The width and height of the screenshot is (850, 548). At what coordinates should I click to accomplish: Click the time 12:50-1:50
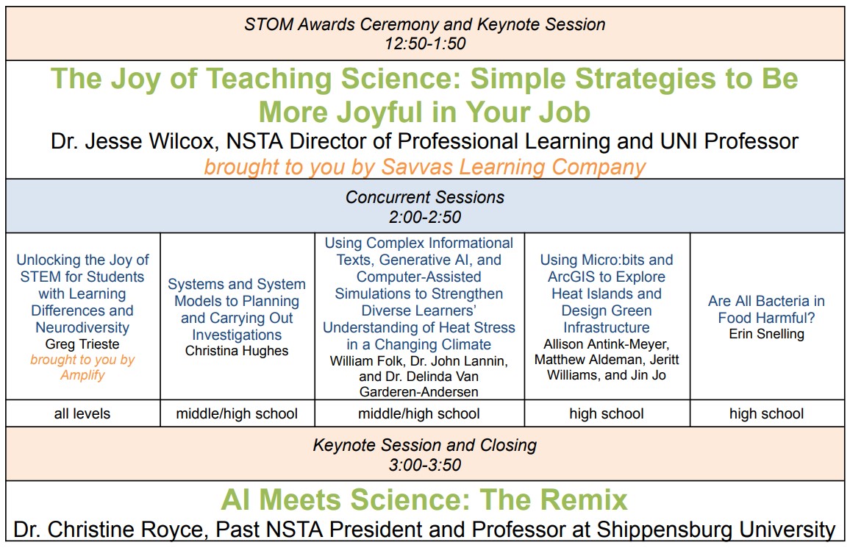[425, 43]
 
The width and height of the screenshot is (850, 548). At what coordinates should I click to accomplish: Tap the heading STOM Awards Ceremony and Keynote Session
[425, 24]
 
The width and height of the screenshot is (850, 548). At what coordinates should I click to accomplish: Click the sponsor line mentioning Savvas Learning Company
[425, 166]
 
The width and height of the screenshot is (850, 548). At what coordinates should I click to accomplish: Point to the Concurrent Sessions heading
[425, 197]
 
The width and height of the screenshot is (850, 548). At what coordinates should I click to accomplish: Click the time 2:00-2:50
[425, 217]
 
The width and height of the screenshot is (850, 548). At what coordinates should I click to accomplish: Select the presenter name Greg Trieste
[82, 344]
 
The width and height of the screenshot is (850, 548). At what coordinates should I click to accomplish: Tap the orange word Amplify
[82, 375]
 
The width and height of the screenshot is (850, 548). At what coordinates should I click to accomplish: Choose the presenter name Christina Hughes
[237, 351]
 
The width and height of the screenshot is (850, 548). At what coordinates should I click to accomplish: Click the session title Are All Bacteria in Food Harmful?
[766, 310]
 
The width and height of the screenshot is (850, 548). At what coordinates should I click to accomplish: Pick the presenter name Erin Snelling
[766, 334]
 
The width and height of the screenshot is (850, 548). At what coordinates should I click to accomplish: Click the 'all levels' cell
[82, 414]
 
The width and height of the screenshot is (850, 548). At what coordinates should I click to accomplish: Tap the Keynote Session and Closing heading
[425, 445]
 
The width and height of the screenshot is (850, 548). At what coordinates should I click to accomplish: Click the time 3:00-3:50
[425, 465]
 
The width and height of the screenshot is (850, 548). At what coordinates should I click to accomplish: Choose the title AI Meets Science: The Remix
[425, 500]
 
